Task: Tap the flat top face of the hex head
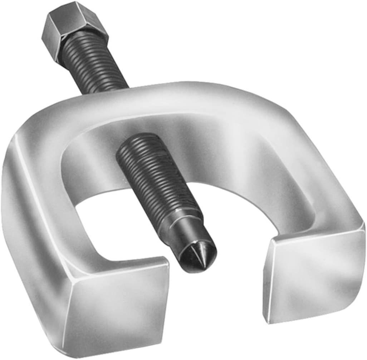77,14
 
